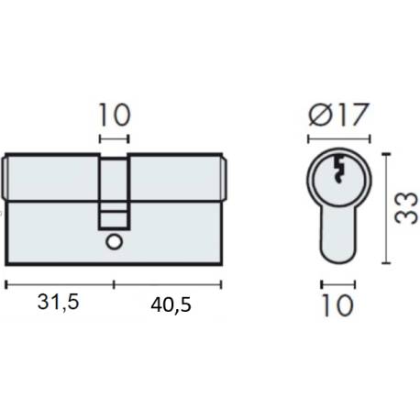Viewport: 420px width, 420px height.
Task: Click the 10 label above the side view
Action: point(115,116)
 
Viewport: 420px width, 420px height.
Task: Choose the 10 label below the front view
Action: point(337,304)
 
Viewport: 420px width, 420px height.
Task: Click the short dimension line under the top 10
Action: point(115,139)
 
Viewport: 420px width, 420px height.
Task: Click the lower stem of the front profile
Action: point(337,234)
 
